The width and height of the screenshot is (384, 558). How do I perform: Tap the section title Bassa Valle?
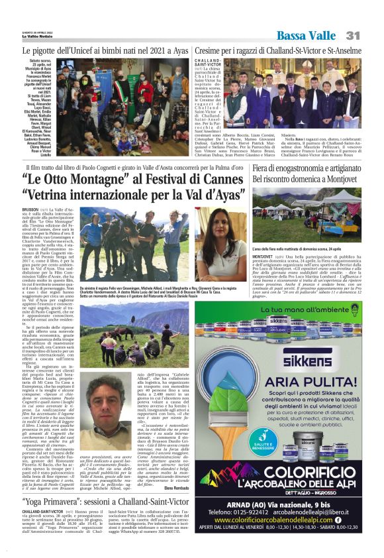point(306,34)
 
